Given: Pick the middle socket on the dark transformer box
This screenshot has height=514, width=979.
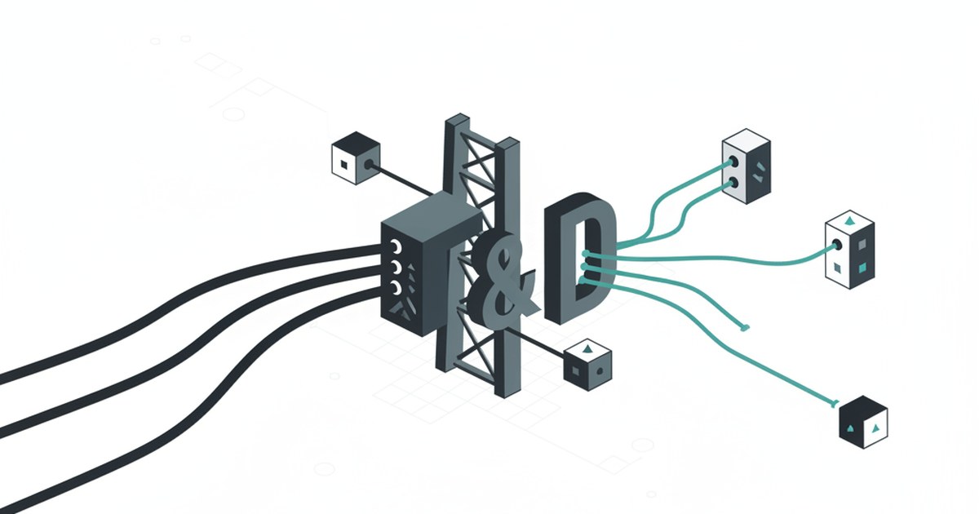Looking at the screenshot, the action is point(395,266).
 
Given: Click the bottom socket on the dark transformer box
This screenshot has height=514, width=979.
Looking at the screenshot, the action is point(396,286).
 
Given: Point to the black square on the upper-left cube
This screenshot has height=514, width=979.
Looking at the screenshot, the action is point(345,164).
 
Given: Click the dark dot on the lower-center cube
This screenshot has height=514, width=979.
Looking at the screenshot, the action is point(600,371).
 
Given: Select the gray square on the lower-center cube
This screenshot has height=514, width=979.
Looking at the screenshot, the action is point(575,371).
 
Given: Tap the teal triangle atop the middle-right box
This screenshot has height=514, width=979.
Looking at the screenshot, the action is point(850,220).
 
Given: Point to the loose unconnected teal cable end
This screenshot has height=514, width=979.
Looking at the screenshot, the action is point(744,328).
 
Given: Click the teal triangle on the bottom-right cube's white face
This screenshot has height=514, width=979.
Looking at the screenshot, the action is point(876,428).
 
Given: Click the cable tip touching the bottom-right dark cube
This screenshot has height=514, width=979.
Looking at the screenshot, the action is point(834,403).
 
